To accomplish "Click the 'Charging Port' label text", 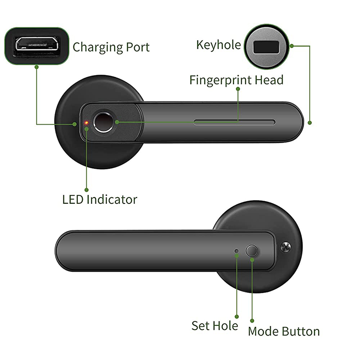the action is tap(111, 47).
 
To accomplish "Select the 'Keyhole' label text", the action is tap(218, 45).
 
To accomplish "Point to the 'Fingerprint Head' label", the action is tap(236, 81).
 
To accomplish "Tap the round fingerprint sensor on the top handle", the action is tap(103, 122).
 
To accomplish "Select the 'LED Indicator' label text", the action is tap(99, 199).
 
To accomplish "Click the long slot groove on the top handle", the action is tap(234, 121).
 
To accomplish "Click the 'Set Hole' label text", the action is tap(215, 325).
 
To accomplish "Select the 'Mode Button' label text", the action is tap(283, 332).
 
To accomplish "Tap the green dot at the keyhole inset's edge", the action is tap(292, 45).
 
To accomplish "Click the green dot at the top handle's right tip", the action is tap(310, 122).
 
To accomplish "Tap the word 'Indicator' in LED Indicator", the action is tap(112, 199).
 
